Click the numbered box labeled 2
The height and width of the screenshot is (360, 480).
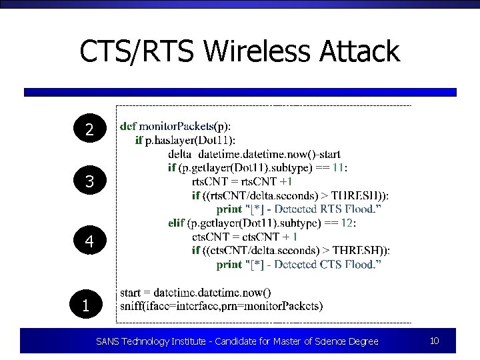89,130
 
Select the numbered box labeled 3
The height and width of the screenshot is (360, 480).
89,181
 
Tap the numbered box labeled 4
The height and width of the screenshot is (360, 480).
89,243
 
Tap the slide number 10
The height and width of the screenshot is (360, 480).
434,341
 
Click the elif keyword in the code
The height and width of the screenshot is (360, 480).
177,223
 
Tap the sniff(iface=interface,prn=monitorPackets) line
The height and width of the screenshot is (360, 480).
221,307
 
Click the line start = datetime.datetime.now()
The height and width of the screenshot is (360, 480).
195,293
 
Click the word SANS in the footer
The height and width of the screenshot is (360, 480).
107,341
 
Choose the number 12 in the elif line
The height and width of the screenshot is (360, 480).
346,223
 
